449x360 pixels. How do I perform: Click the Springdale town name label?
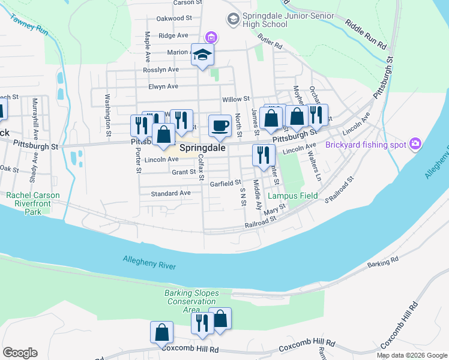202,147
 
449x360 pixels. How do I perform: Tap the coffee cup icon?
220,125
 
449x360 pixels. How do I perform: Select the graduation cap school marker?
202,55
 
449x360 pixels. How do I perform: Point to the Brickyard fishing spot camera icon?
415,144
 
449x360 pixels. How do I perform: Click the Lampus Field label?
292,196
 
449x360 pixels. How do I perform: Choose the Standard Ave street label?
170,193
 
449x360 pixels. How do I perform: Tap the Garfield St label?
225,182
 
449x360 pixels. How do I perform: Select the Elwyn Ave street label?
164,86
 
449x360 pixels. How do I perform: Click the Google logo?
20,353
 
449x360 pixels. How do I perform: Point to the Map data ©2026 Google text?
412,355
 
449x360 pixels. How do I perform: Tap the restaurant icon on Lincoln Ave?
262,155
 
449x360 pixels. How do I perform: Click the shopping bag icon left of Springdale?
163,135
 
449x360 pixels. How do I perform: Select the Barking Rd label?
383,262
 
